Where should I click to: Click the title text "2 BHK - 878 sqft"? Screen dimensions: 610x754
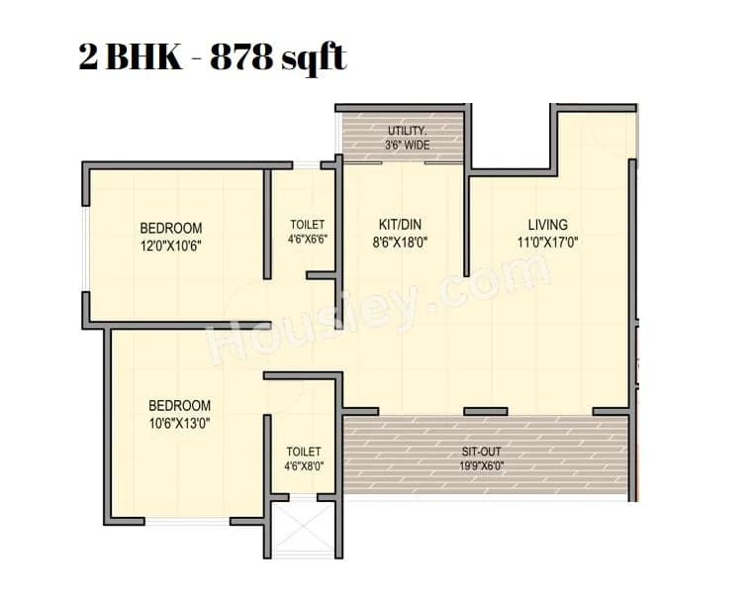(213, 57)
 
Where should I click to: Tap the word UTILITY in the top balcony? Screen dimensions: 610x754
(407, 131)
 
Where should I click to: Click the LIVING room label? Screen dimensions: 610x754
(547, 225)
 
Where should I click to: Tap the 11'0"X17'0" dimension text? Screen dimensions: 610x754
(547, 241)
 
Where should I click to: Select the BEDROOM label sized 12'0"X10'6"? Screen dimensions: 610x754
(170, 228)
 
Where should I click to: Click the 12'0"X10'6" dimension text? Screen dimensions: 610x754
(170, 244)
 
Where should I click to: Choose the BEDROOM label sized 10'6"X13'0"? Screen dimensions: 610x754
(179, 405)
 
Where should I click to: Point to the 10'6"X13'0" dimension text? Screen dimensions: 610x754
(179, 422)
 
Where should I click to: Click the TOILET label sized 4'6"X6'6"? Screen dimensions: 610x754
(307, 225)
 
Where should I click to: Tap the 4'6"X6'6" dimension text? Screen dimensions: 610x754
(307, 239)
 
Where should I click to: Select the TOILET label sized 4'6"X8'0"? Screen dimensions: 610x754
(304, 452)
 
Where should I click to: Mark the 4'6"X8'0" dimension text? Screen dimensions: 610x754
(304, 465)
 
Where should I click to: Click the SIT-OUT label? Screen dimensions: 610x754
(484, 451)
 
